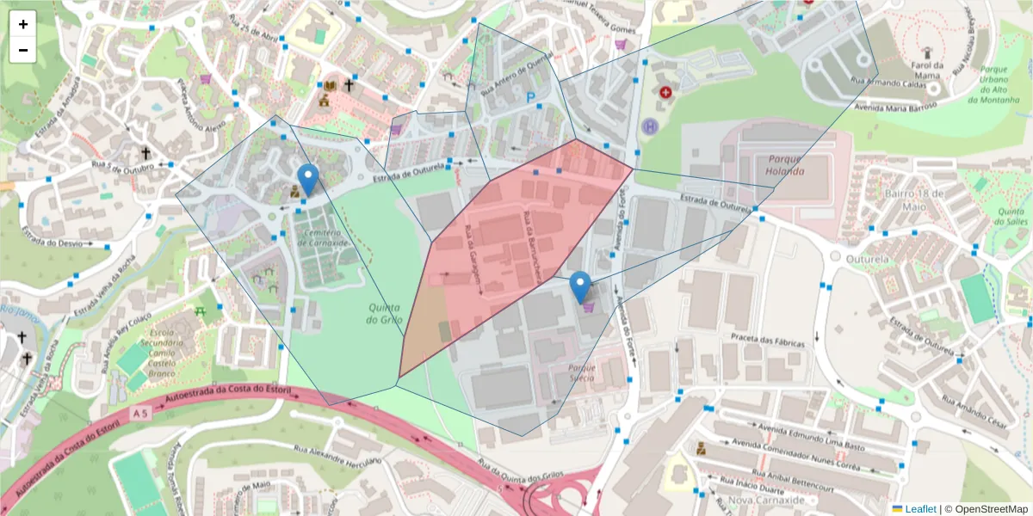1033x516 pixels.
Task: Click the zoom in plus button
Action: (23, 24)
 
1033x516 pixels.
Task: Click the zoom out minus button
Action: (23, 50)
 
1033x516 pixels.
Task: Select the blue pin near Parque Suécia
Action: (581, 287)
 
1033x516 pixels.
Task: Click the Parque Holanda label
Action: (783, 164)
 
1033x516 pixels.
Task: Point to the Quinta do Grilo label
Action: (385, 314)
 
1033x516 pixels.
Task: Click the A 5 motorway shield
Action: (141, 415)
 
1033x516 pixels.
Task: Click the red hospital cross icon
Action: (665, 91)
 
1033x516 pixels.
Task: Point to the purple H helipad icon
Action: (651, 126)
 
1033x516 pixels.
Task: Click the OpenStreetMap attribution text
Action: (987, 508)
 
